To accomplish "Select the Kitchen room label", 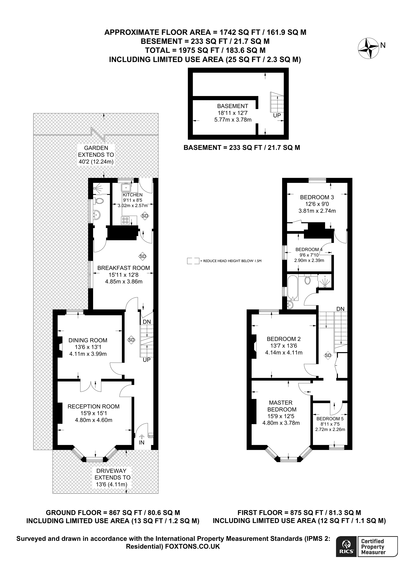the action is pos(133,195).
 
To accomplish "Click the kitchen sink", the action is pos(126,188).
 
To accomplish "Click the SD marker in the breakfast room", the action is pos(142,256).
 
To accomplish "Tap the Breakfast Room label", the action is pos(124,268).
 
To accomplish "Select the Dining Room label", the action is pos(88,340).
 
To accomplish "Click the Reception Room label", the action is pos(93,406).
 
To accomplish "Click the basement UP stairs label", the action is pos(277,115).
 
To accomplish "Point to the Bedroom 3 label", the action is pos(317,197).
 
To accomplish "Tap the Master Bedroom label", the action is pos(281,406).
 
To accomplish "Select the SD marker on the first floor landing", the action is pos(328,355).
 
